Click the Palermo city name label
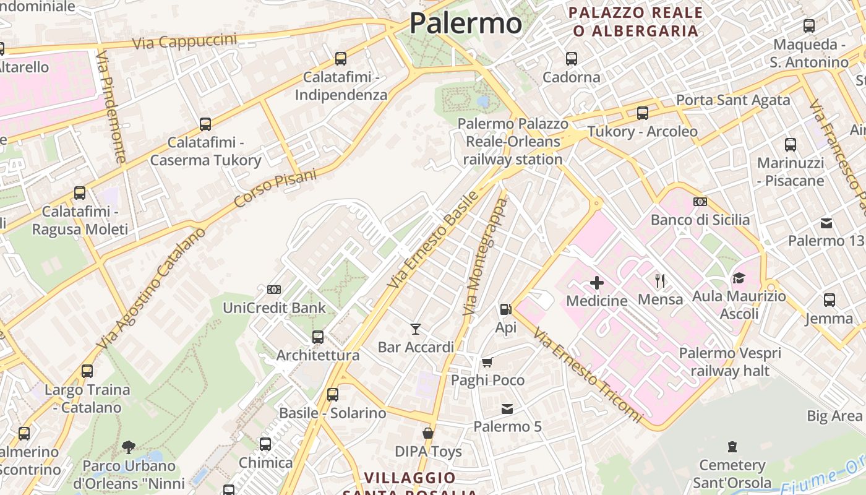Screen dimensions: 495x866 [466, 23]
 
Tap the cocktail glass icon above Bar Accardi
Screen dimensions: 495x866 [416, 329]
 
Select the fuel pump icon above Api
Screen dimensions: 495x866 [505, 309]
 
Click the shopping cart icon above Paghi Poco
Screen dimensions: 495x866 [487, 362]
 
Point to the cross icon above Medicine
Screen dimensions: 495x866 [597, 283]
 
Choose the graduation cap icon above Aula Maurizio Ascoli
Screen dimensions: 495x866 [739, 278]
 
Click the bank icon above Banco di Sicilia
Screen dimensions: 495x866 [700, 202]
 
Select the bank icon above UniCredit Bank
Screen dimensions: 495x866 [274, 290]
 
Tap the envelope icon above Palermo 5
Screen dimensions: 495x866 [507, 408]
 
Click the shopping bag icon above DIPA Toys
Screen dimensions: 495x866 [428, 433]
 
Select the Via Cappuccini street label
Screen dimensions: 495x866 [185, 41]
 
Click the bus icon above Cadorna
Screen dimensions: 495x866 [572, 59]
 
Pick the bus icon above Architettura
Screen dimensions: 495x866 [318, 337]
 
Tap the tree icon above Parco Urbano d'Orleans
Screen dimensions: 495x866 [129, 447]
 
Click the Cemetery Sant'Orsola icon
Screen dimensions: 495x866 [732, 447]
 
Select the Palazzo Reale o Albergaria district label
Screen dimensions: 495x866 [635, 22]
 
